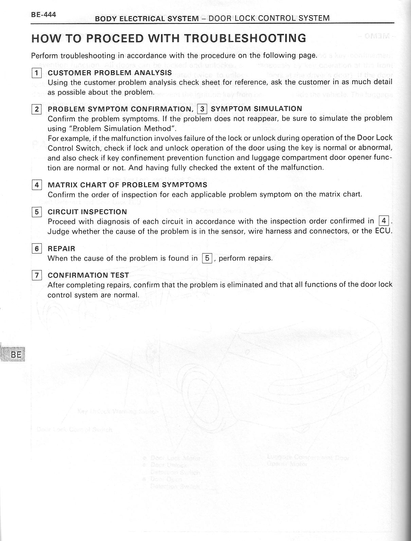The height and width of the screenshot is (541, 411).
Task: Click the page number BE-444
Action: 43,15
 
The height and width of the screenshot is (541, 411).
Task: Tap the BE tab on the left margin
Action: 16,355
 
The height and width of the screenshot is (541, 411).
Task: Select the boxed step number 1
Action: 36,73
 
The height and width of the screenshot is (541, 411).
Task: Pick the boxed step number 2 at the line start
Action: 36,109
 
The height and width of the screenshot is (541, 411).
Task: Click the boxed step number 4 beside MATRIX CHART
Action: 36,185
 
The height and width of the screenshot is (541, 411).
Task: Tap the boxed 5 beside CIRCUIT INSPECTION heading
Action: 36,212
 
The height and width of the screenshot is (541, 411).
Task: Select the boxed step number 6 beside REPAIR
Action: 36,249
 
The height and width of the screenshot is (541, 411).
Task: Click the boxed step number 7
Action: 36,275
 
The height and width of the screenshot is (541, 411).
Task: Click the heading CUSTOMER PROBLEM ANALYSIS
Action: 110,73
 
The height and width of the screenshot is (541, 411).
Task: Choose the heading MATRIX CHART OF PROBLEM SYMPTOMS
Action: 127,185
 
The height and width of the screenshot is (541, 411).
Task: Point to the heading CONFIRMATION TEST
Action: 88,275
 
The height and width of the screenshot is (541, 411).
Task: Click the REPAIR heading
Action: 61,249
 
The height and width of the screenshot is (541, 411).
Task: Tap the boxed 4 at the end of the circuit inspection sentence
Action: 383,221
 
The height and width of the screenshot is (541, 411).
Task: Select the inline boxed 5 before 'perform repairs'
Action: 207,258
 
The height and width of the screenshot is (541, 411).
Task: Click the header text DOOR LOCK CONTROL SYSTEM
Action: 269,18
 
